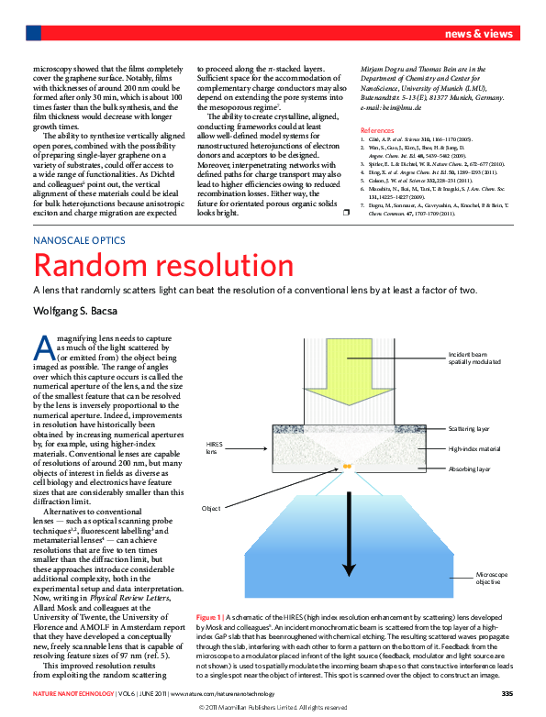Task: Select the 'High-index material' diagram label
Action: tap(475, 449)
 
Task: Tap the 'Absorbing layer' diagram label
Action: tap(470, 469)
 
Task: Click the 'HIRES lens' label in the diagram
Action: tap(212, 447)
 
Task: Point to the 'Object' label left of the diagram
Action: tap(211, 508)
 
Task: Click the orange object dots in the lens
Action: tap(348, 467)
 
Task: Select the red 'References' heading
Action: tap(377, 130)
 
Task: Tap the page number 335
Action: tap(507, 692)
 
